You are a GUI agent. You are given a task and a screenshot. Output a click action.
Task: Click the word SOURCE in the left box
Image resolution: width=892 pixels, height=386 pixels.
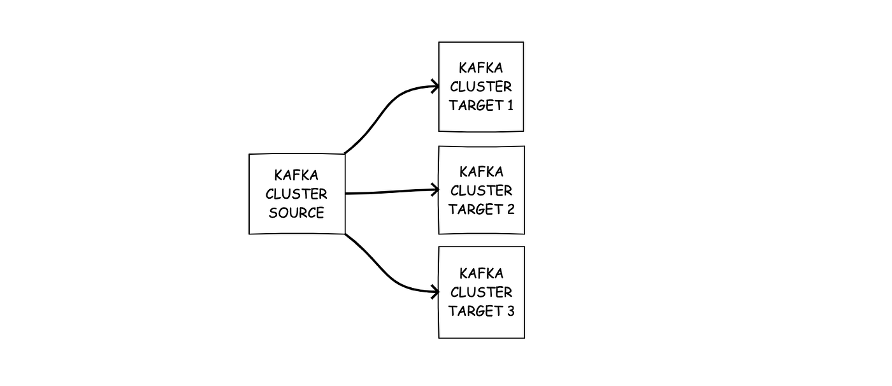(296, 213)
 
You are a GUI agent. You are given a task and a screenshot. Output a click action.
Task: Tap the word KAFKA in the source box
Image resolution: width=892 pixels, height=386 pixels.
(296, 175)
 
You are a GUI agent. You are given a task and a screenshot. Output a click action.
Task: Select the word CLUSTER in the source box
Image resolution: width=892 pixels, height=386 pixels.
(296, 194)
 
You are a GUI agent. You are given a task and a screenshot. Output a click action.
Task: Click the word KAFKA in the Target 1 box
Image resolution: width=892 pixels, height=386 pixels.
(481, 68)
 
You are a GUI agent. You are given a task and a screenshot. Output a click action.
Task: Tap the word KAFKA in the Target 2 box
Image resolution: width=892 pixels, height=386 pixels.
(481, 171)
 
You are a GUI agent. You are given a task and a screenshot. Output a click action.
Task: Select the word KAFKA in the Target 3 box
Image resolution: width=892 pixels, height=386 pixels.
(481, 273)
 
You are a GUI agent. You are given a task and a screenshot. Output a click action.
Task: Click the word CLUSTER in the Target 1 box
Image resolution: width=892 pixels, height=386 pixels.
(481, 87)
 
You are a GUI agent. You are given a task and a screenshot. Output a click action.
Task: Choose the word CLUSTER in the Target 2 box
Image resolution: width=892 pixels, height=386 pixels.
(481, 190)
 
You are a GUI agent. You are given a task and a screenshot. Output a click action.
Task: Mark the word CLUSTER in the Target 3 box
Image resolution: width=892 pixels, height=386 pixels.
(481, 292)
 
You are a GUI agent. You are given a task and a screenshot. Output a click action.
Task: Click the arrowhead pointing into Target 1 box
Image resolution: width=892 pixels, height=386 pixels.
(435, 86)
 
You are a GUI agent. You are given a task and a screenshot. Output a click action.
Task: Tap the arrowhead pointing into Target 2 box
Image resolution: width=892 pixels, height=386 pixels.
(435, 190)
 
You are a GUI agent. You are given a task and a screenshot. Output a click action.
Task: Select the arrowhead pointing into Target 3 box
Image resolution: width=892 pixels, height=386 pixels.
(435, 292)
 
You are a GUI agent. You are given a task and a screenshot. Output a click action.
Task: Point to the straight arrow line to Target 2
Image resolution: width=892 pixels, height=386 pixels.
(389, 192)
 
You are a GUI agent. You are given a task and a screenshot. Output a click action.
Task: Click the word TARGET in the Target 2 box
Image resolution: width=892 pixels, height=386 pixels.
(473, 209)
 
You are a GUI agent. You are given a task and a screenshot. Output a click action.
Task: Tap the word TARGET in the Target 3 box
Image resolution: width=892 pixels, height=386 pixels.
(473, 311)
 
